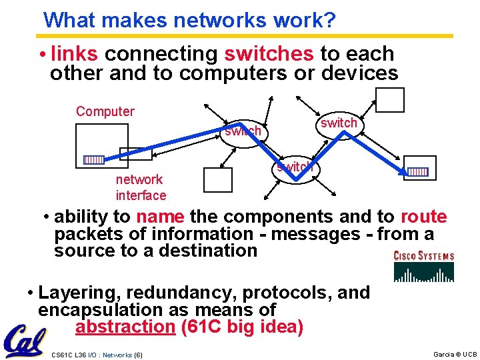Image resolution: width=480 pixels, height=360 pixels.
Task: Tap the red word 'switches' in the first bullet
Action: (268, 53)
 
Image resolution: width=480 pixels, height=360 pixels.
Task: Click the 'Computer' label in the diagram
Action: (105, 111)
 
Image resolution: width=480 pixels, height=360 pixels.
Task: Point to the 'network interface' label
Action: (141, 187)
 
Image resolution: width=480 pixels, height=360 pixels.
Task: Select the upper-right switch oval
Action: (339, 123)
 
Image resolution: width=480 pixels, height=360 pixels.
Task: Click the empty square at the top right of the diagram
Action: (389, 100)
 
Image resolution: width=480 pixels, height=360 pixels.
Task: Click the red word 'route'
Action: (423, 217)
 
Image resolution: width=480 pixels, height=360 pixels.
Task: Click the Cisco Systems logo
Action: (424, 265)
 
